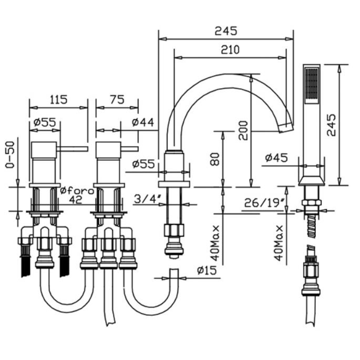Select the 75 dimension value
pos(117,99)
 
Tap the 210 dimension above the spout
pos(230,49)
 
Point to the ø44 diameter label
pos(143,122)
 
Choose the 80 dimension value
pos(214,159)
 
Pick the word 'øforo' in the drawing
pos(77,190)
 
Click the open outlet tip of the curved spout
pos(287,127)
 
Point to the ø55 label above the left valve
pos(44,122)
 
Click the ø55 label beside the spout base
pos(144,164)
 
